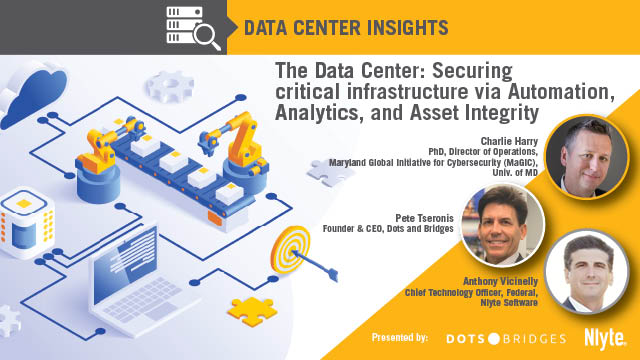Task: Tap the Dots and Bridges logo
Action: [x=506, y=338]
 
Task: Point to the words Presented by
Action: [x=399, y=338]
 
